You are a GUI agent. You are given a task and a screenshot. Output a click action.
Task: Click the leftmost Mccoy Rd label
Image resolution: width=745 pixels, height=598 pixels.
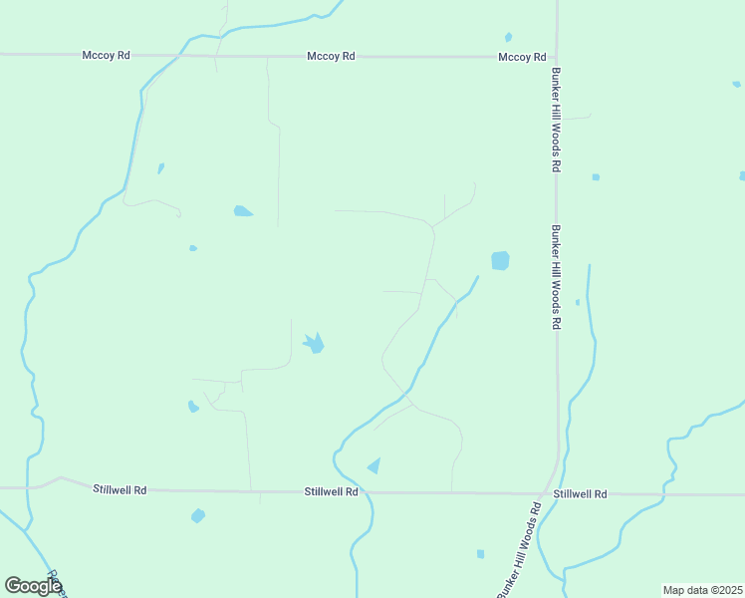click(x=107, y=56)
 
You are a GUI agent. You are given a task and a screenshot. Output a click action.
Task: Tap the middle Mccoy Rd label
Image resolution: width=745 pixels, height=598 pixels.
click(x=332, y=57)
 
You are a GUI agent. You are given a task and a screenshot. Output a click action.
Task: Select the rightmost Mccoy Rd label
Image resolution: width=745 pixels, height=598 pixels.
click(x=522, y=58)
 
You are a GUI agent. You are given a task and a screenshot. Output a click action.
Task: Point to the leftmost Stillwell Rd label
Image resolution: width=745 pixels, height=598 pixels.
click(x=121, y=490)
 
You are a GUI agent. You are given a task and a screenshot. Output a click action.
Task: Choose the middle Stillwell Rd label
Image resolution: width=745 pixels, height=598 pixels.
click(x=332, y=492)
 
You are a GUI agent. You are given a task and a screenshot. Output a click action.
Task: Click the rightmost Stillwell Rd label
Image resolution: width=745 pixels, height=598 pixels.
click(x=580, y=494)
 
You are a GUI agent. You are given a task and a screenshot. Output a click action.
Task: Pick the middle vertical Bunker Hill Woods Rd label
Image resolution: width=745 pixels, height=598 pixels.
click(x=556, y=276)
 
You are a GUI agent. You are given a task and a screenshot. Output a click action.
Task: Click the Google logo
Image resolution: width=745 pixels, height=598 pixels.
click(x=33, y=586)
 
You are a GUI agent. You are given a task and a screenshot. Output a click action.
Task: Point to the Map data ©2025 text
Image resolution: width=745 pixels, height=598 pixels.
click(x=701, y=590)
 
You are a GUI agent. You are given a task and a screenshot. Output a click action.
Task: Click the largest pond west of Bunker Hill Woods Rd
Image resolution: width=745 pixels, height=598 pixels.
click(x=500, y=261)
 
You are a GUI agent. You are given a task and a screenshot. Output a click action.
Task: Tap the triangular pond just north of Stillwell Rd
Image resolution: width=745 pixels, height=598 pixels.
click(x=374, y=465)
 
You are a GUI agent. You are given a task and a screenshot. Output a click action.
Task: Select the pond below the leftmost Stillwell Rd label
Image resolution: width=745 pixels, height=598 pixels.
click(x=198, y=515)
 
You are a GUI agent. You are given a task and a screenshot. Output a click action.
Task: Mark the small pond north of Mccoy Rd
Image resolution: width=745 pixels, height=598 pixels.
click(x=509, y=38)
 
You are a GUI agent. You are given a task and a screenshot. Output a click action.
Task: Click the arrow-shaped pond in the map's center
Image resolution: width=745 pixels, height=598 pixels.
click(x=314, y=344)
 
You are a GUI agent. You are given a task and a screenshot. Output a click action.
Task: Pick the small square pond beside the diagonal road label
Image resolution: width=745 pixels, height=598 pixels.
click(x=480, y=554)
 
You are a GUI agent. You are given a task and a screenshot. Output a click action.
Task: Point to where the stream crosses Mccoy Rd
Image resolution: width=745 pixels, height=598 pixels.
click(x=178, y=56)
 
